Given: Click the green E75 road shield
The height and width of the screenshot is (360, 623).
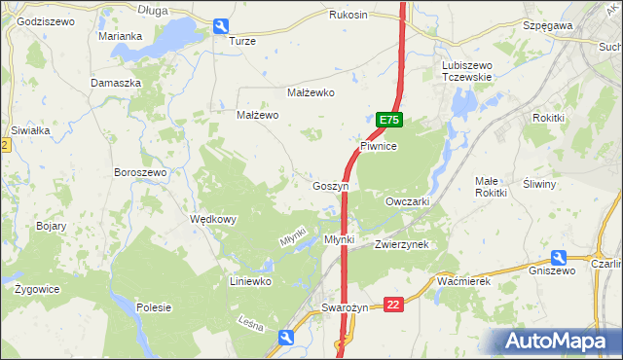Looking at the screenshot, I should click(389, 120).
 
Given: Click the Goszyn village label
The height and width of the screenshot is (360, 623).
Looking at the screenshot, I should click(330, 186).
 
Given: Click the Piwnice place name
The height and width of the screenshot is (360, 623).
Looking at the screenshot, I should click(379, 146).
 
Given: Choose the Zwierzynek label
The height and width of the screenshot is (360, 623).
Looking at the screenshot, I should click(402, 245).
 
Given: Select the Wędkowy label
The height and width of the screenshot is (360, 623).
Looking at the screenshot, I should click(213, 220).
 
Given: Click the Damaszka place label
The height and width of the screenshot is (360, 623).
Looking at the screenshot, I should click(116, 84).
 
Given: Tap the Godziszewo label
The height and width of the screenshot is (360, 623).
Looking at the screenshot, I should click(46, 21).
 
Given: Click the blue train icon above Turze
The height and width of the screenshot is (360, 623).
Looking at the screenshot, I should click(221, 27).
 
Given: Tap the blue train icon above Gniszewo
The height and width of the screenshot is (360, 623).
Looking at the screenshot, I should click(559, 258).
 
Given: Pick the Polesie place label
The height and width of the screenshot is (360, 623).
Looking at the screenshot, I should click(155, 307).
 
